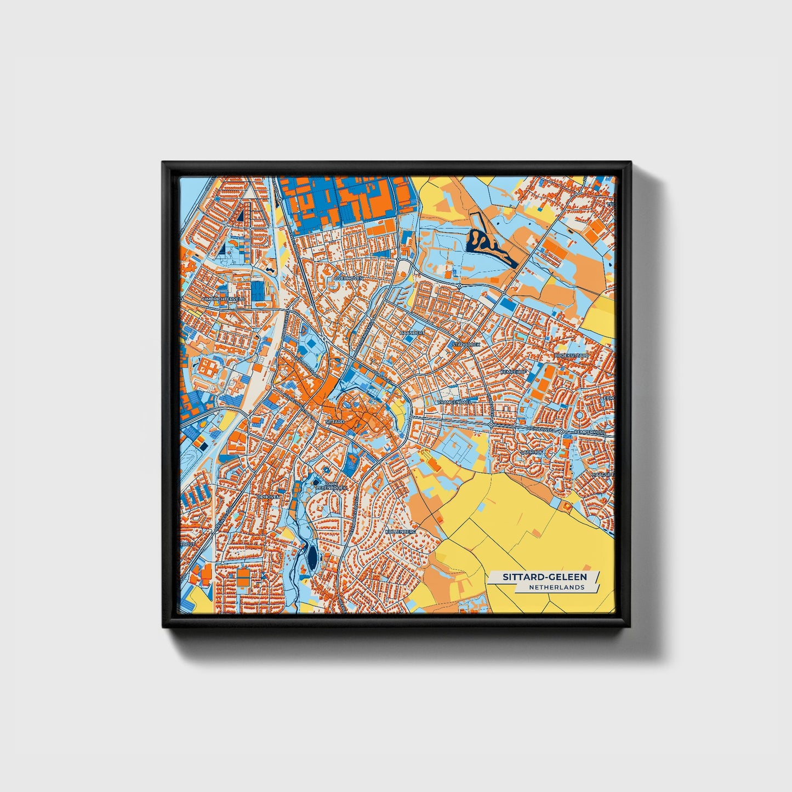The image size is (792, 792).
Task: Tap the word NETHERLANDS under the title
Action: (556, 588)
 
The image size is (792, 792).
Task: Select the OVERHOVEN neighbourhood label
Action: (348, 278)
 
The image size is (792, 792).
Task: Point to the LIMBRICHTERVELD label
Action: (224, 299)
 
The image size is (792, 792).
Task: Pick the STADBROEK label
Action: (465, 344)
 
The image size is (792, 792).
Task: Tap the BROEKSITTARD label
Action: (572, 355)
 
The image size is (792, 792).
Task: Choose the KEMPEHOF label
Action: (513, 372)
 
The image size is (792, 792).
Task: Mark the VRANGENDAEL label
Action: (454, 402)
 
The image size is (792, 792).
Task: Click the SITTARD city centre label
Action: (334, 422)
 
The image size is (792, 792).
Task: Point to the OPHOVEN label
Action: (269, 497)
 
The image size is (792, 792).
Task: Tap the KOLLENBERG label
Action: (401, 532)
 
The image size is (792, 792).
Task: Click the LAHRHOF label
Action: (532, 452)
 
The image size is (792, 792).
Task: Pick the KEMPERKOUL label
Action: (590, 432)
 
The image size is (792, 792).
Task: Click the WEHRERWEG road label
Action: (538, 428)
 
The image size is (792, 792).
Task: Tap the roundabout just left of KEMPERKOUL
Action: (562, 432)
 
